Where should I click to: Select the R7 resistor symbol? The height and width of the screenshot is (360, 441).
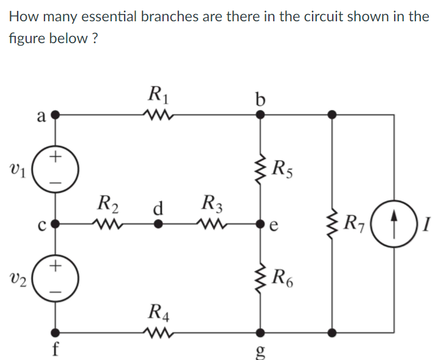(332, 223)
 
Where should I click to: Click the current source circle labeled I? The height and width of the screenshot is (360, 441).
(392, 223)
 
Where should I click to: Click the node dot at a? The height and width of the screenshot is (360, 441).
(55, 114)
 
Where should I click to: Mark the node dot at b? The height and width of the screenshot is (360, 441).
(261, 114)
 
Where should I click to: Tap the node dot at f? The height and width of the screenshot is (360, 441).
(55, 333)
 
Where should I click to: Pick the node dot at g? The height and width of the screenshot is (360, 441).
(261, 333)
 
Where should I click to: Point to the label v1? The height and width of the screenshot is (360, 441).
(17, 168)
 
